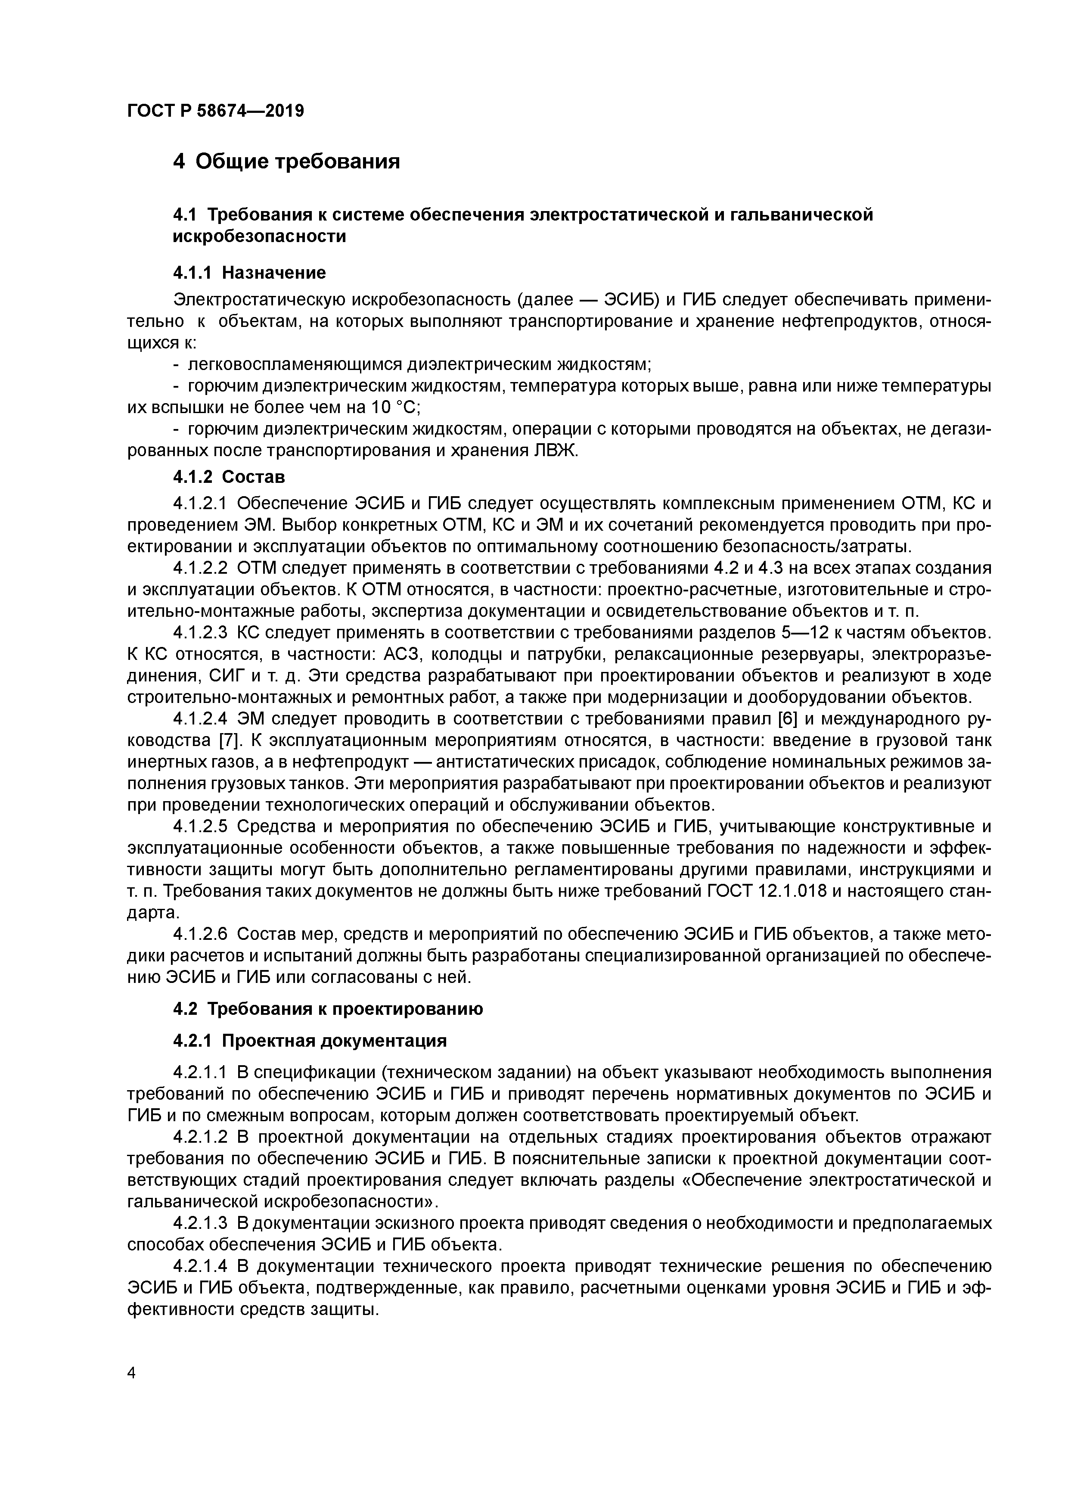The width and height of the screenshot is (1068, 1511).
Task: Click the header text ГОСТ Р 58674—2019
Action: pos(215,111)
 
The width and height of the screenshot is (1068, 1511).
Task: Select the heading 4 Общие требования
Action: pos(286,161)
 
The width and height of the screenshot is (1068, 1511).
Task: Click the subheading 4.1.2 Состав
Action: pos(229,476)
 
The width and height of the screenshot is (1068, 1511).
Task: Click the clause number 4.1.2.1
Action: pos(200,504)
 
